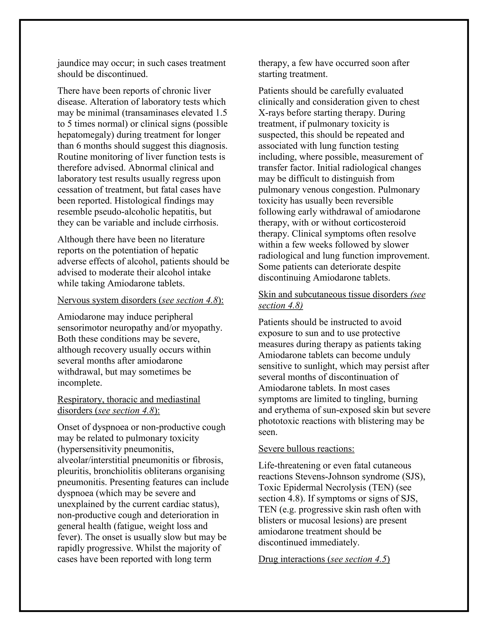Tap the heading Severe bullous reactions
306,449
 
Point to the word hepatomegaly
84,135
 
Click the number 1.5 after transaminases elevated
221,113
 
